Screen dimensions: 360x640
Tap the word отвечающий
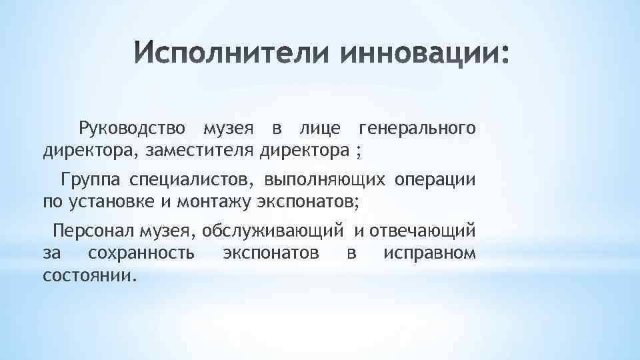(x=423, y=231)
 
